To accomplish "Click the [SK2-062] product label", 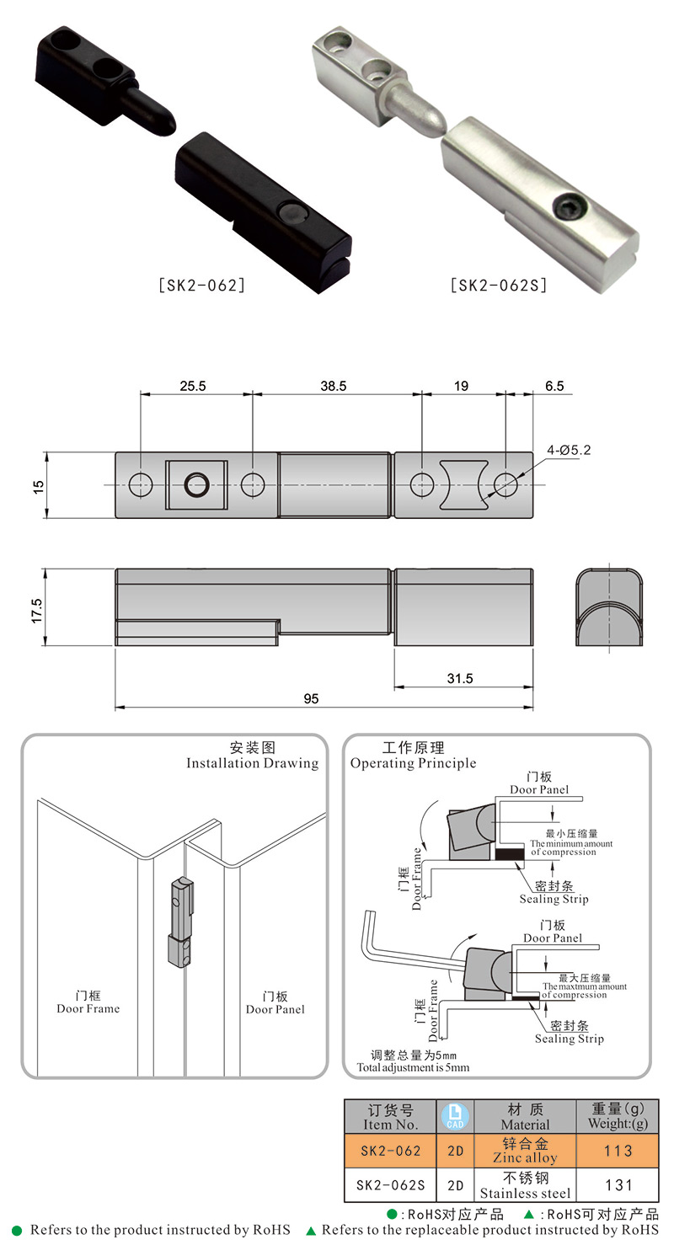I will coord(202,286).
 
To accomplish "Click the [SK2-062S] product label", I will coord(499,286).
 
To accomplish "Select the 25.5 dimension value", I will coord(193,386).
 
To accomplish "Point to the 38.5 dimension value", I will coord(333,386).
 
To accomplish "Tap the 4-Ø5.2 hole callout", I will coord(569,451).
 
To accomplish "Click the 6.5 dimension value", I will coord(555,386).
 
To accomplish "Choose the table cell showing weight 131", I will coord(618,1185).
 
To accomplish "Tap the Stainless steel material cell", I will coord(525,1185).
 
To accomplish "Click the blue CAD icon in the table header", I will coord(455,1116).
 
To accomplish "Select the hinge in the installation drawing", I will coord(181,923).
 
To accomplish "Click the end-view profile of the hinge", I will coord(609,609).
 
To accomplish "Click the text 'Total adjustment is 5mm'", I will coord(413,1066).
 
